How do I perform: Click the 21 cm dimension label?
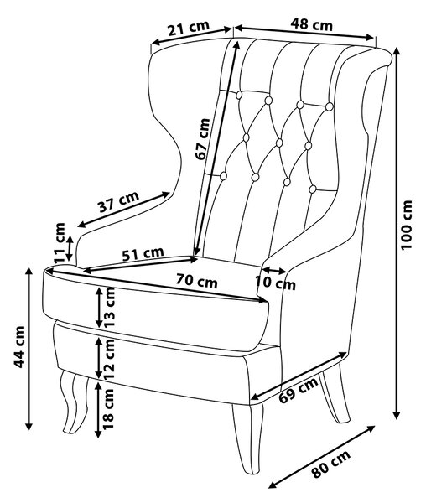coord(189,29)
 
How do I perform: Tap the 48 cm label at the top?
coord(311,24)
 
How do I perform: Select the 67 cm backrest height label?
coord(203,139)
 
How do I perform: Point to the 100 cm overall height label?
coord(406,225)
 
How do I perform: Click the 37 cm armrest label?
coord(119,202)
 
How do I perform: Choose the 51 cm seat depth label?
coord(143,254)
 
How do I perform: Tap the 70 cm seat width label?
coord(196,282)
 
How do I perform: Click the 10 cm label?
coord(275,283)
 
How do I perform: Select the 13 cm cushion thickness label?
coord(109,307)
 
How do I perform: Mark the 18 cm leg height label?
coord(108,409)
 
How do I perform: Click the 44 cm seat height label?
coord(19,347)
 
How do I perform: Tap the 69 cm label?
coord(299,389)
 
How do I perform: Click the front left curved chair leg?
coord(75,402)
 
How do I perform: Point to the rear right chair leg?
coord(336,394)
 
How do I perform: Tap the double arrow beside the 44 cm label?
coord(29,349)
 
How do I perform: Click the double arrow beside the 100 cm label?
coord(397,233)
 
